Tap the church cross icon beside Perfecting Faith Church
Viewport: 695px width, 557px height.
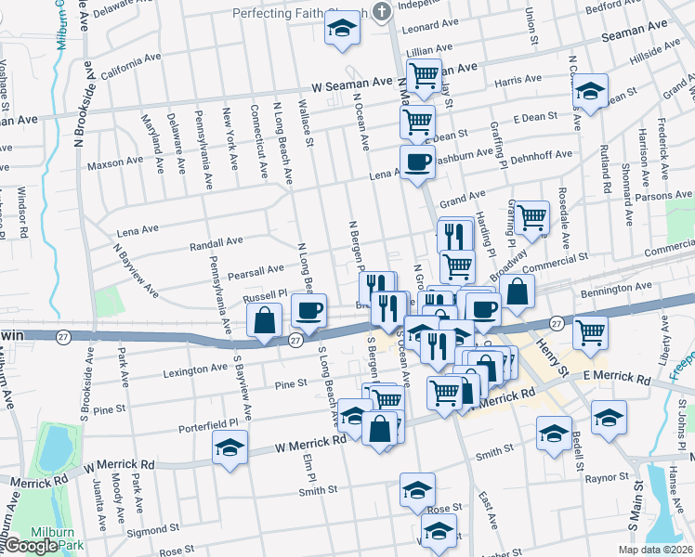380,12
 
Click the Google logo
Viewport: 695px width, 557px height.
30,546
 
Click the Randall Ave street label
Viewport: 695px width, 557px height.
216,244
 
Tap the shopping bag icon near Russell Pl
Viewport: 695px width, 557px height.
265,319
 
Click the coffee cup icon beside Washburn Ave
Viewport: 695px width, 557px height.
417,161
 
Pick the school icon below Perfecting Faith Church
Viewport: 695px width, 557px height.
342,31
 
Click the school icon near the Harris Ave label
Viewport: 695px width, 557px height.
589,91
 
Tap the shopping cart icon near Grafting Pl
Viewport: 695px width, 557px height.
531,217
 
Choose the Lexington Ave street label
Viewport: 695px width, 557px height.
194,368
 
